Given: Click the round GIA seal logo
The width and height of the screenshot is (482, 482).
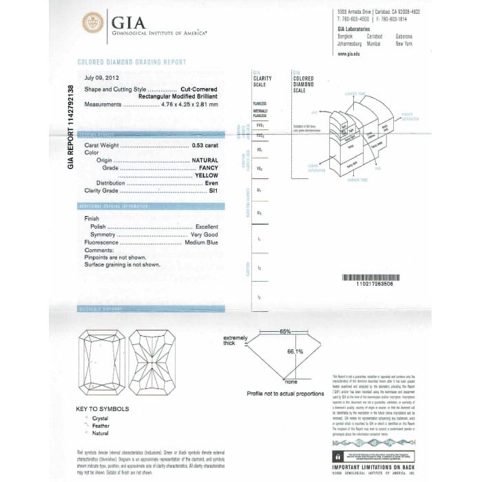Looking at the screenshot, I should tap(93, 23).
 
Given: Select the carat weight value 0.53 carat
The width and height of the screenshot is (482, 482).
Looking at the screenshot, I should tap(205, 146).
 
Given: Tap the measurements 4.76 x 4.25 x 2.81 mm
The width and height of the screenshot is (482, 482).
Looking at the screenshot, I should tap(189, 104).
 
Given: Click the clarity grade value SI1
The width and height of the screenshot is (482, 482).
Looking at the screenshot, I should tap(213, 190).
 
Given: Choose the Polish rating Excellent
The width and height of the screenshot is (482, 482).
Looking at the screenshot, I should tap(206, 227).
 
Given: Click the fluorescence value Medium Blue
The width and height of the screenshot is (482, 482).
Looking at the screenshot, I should tap(201, 243).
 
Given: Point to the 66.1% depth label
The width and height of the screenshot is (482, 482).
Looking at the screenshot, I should tap(295, 352).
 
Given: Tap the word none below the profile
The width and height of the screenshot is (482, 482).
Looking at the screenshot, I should tap(290, 381).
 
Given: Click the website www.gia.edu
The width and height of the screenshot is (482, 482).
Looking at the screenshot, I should tap(350, 54).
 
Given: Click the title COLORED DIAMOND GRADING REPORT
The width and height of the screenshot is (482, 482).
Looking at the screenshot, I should tap(132, 62).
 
